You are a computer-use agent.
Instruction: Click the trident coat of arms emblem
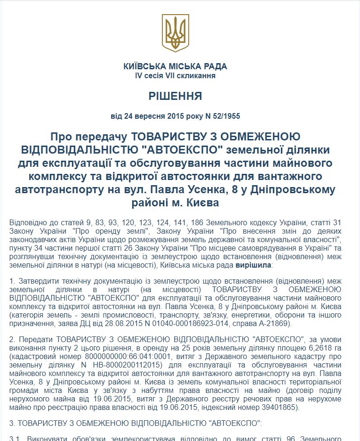(175, 33)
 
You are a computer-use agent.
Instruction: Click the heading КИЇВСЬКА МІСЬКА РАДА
(175, 66)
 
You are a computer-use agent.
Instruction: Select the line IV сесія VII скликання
(175, 75)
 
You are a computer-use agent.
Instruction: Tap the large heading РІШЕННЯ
(175, 97)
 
